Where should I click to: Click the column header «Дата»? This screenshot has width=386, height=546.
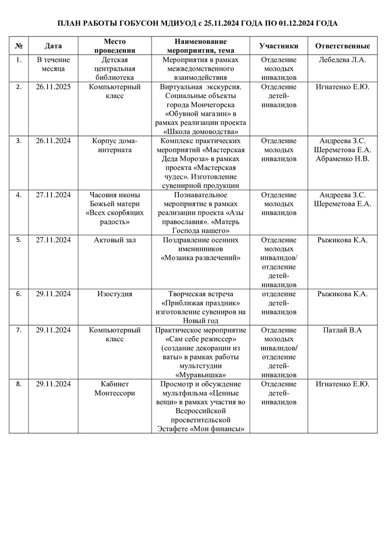[53, 46]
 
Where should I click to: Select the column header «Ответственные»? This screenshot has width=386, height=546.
[342, 46]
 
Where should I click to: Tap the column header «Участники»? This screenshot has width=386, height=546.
[279, 46]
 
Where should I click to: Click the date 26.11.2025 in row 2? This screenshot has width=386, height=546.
[53, 87]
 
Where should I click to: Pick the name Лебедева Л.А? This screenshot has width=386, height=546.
[343, 60]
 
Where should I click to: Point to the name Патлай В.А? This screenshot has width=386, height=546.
[343, 330]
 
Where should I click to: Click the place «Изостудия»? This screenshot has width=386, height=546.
[114, 294]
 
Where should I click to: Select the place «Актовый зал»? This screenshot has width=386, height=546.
[115, 240]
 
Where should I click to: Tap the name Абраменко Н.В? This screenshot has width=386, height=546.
[343, 159]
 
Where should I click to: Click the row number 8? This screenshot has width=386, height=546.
[19, 384]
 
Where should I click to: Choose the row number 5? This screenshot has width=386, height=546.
[19, 240]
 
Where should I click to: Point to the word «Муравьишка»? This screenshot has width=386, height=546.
[200, 375]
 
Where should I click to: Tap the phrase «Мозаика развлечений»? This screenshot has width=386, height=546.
[200, 258]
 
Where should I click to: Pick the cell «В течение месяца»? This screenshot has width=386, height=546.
[53, 64]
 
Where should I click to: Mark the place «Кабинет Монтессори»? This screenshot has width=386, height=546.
[115, 388]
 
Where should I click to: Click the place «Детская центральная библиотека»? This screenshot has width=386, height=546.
[115, 69]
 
